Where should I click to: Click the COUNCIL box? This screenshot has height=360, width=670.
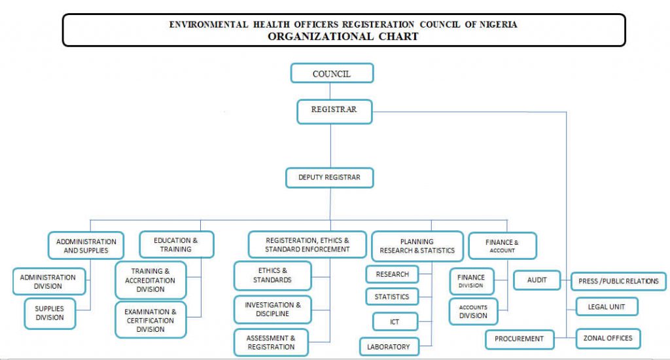click(x=332, y=73)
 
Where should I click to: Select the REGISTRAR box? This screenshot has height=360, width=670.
click(x=334, y=111)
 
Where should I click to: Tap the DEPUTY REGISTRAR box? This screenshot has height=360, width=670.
click(x=330, y=177)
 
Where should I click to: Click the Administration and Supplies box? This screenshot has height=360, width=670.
click(x=86, y=245)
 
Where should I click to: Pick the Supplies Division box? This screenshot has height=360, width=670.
click(x=50, y=314)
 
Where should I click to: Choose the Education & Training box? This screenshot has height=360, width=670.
click(x=177, y=245)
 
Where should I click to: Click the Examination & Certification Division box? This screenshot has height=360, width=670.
click(x=150, y=320)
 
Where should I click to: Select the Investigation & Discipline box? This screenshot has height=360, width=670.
click(x=273, y=309)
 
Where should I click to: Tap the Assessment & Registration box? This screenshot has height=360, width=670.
click(x=271, y=342)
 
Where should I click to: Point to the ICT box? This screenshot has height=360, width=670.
click(x=395, y=321)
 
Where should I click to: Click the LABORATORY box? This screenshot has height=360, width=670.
click(x=389, y=347)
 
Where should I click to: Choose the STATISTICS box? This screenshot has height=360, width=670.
click(x=392, y=297)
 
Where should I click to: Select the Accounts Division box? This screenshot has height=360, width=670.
click(x=474, y=312)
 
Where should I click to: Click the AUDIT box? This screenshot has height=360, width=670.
click(x=537, y=280)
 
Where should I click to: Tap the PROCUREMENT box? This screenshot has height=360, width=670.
click(x=520, y=339)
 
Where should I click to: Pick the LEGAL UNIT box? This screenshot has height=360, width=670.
click(x=607, y=306)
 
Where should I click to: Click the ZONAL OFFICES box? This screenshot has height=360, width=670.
click(x=608, y=338)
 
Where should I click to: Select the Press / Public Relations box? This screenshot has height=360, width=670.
click(x=618, y=281)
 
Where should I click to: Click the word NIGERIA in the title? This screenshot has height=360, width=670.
click(x=498, y=24)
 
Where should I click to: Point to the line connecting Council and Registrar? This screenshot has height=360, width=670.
click(x=330, y=92)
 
